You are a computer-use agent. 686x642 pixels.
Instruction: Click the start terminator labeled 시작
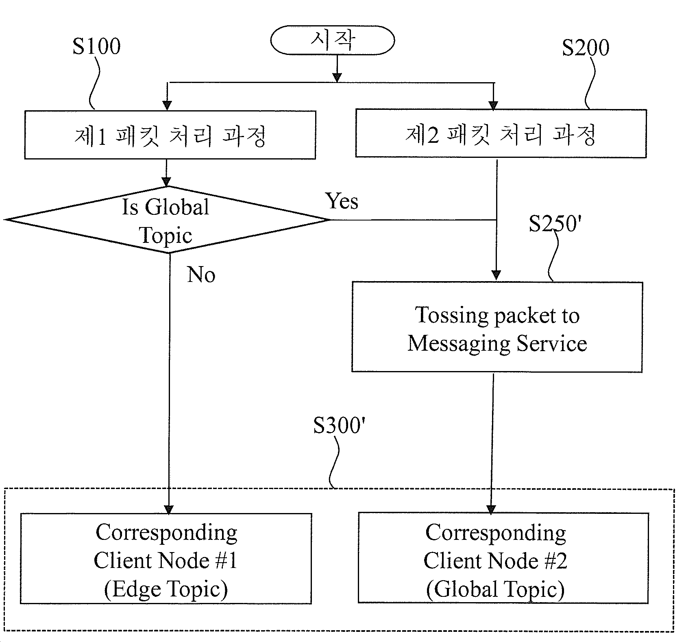[x=333, y=40]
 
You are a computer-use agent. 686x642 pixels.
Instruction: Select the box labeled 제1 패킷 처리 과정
[x=170, y=135]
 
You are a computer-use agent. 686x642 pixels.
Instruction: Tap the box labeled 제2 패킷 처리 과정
[x=501, y=133]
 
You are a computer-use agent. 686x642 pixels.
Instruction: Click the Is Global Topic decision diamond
[x=168, y=220]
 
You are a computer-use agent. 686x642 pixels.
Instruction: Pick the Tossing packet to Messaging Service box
[x=497, y=327]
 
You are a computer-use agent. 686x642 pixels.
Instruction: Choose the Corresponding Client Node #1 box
[x=166, y=559]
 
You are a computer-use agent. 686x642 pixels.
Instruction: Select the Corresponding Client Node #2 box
[x=503, y=558]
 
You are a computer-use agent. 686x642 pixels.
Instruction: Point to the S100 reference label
[x=96, y=46]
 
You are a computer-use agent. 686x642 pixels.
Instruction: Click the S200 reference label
[x=586, y=48]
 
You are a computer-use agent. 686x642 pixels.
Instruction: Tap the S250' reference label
[x=553, y=223]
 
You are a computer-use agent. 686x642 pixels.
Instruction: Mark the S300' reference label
[x=337, y=426]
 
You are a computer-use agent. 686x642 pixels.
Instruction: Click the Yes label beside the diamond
[x=342, y=201]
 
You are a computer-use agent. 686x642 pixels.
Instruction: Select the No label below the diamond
[x=201, y=275]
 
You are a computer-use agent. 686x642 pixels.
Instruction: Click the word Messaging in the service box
[x=459, y=344]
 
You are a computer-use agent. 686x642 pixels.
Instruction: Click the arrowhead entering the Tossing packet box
[x=496, y=275]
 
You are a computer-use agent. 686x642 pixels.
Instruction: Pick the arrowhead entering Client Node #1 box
[x=168, y=509]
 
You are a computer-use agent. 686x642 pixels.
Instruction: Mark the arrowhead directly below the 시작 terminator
[x=337, y=77]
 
